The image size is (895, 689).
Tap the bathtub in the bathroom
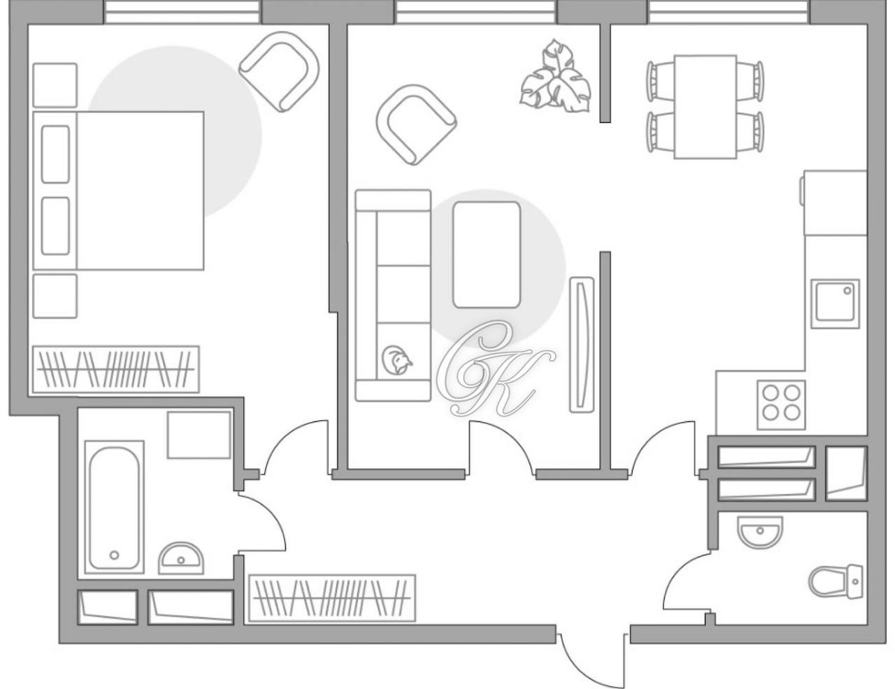coord(114,507)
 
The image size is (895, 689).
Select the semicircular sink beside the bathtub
coord(181,558)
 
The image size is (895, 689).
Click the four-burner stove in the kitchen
coord(781,403)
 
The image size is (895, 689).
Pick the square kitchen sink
coord(836,303)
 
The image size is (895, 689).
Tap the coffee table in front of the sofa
coord(487,254)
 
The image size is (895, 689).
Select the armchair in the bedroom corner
coord(279,71)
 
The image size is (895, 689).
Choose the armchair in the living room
coord(415,124)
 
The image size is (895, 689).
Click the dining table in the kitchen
coord(705,107)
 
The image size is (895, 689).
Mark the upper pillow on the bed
coord(55,154)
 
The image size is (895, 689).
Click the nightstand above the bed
coord(55,85)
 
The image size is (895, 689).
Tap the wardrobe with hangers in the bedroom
coord(115,368)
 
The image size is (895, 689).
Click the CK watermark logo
coord(493,367)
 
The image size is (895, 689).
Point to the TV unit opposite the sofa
coord(581,344)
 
